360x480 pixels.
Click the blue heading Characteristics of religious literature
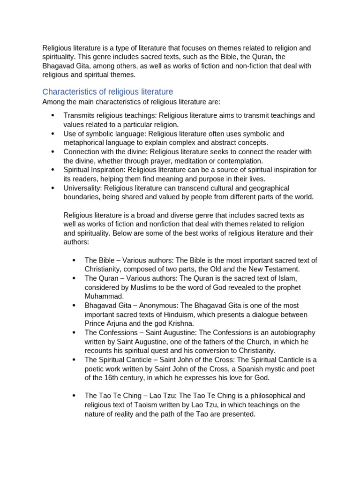(107, 91)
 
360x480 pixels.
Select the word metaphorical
(84, 142)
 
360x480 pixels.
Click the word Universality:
(82, 188)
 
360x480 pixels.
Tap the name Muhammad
(104, 296)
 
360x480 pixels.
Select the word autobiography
(289, 332)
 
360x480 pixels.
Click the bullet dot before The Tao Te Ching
(74, 396)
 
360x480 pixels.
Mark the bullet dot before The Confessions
(74, 333)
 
